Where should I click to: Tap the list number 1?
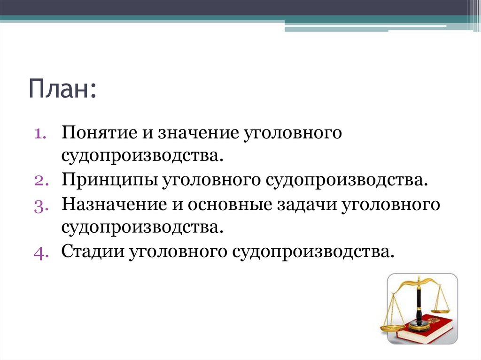(39, 133)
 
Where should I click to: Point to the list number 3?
(39, 205)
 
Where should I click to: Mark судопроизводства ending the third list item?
(140, 228)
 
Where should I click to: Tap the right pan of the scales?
(441, 310)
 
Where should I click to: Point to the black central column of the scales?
(418, 305)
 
